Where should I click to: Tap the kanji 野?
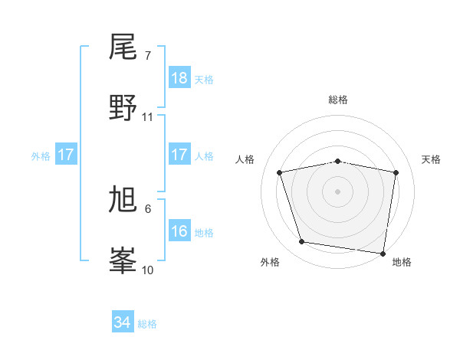123,107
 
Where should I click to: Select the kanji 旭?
123,200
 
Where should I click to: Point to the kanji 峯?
123,260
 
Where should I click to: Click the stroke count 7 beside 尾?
148,56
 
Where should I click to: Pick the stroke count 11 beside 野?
148,117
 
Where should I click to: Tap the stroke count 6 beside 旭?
148,208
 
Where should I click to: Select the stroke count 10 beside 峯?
148,270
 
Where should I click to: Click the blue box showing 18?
179,78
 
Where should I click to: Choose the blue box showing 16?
179,231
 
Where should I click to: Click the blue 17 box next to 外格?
66,155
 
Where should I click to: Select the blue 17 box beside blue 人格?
179,155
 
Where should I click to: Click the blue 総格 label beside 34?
147,324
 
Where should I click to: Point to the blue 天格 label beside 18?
204,80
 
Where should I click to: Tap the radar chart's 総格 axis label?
338,100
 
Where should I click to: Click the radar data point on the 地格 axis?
383,253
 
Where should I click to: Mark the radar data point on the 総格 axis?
338,161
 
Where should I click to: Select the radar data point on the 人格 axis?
280,172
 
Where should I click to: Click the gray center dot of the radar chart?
338,191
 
